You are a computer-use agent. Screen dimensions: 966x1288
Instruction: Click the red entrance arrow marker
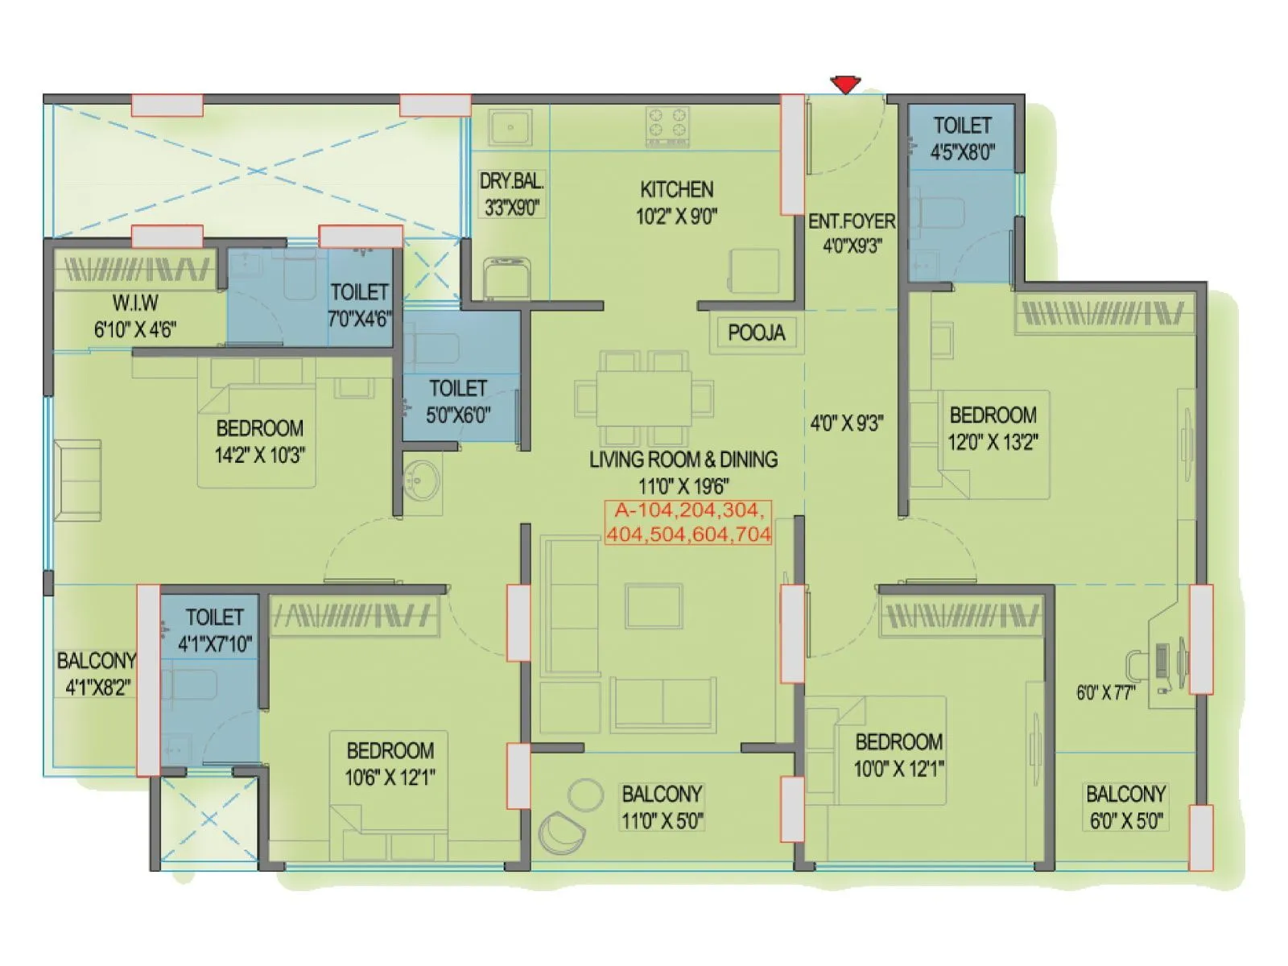(845, 84)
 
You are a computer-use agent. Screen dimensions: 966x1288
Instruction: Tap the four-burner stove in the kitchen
(667, 126)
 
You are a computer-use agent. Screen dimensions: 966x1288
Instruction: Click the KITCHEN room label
(676, 189)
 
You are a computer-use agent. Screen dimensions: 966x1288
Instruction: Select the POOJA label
(756, 332)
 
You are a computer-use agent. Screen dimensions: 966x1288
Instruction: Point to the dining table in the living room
(643, 398)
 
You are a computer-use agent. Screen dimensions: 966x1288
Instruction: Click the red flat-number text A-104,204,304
(688, 510)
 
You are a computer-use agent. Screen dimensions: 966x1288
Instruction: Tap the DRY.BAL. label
(511, 181)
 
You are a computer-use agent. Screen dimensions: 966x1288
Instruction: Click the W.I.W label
(135, 303)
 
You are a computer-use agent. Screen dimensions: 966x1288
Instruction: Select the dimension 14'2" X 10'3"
(259, 455)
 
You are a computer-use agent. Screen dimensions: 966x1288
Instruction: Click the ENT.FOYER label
(852, 221)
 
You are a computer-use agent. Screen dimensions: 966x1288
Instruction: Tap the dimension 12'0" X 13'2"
(993, 442)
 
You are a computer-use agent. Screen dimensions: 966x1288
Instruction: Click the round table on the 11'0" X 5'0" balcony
(585, 795)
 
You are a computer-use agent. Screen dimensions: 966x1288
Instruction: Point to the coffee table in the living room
(654, 606)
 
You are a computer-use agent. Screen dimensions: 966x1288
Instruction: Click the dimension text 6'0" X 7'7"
(1106, 692)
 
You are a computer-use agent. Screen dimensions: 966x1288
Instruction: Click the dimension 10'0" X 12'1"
(898, 769)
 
